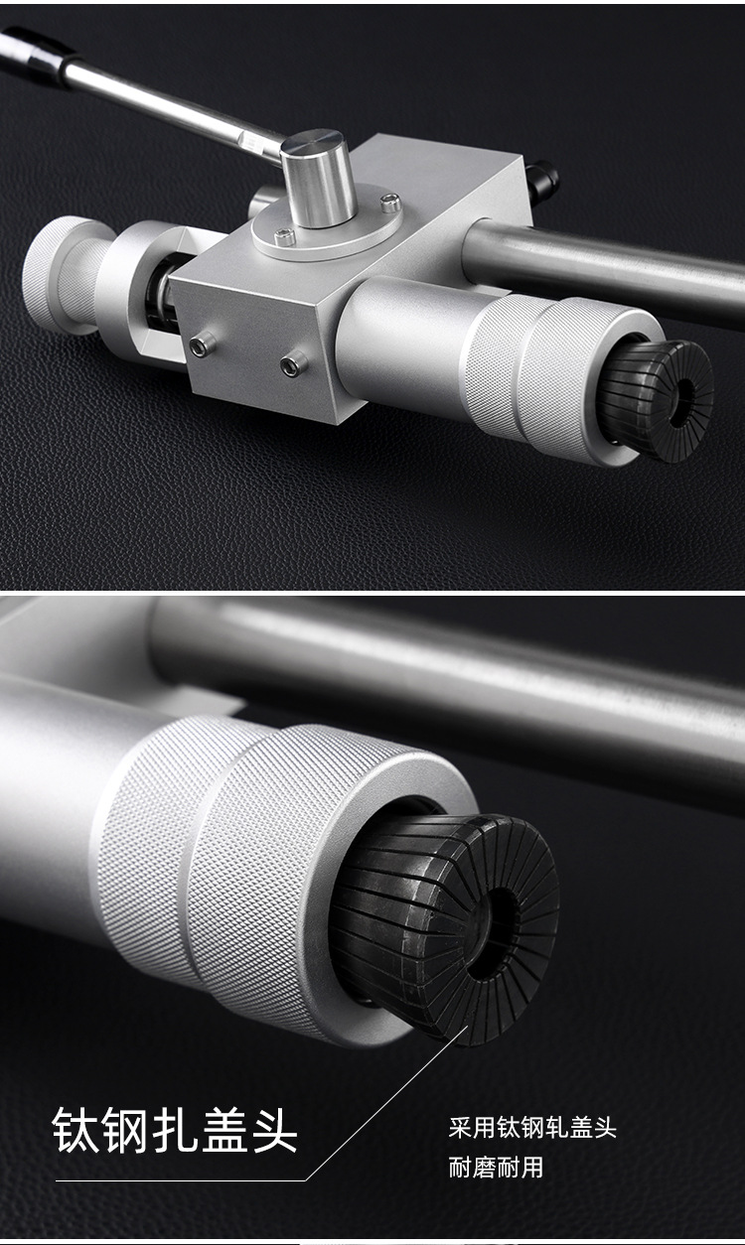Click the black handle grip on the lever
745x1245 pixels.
[x=36, y=54]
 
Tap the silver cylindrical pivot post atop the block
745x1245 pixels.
[x=318, y=178]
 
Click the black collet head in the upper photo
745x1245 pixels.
[x=659, y=401]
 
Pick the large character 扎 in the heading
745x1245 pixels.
[x=176, y=1131]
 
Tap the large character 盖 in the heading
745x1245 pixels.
[x=224, y=1131]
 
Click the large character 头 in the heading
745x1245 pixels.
[x=274, y=1131]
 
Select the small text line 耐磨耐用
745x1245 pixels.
[x=496, y=1168]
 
